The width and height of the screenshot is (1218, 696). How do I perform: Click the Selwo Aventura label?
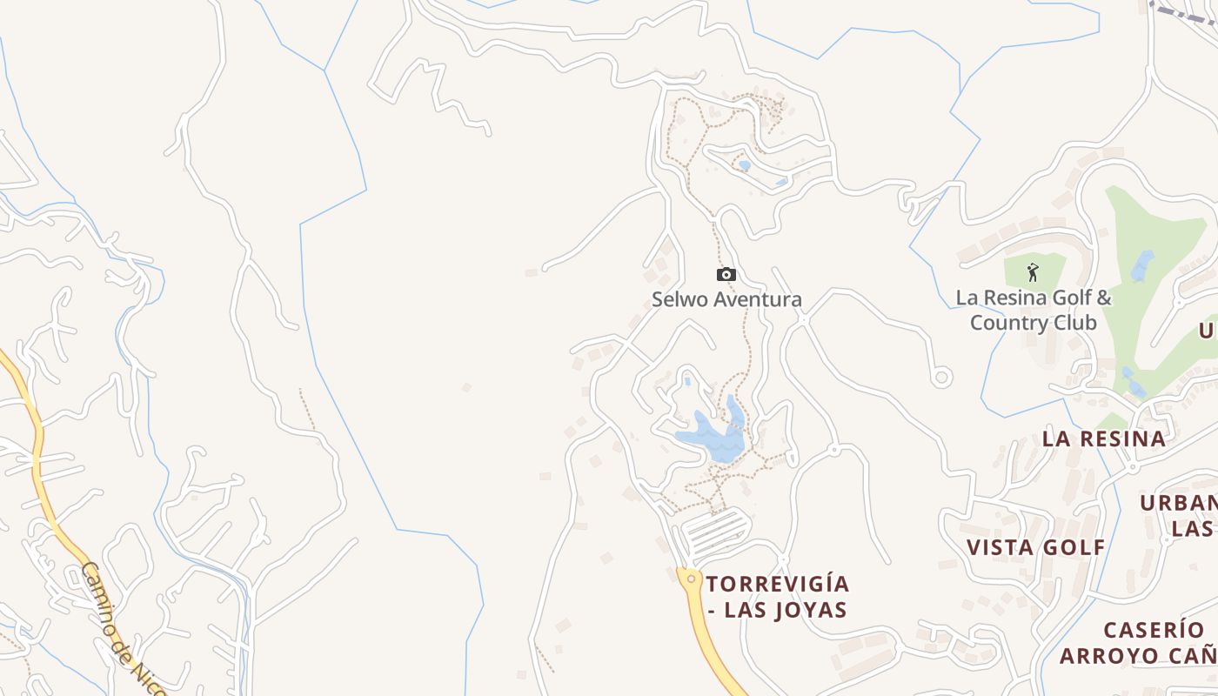click(x=726, y=299)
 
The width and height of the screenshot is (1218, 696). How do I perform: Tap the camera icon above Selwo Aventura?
click(x=726, y=275)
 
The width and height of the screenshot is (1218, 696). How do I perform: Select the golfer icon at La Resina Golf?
click(x=1033, y=272)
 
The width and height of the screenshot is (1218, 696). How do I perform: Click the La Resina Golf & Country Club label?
click(x=1034, y=310)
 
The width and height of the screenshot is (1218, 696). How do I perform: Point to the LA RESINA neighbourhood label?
click(x=1104, y=438)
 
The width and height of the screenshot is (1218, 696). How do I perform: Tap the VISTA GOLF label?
click(x=1035, y=547)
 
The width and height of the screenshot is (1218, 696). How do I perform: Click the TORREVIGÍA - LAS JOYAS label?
click(x=777, y=596)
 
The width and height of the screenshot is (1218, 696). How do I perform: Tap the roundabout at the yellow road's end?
click(x=691, y=579)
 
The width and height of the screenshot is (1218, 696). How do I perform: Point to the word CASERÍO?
click(x=1154, y=630)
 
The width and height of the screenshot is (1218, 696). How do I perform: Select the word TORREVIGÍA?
click(x=777, y=583)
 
